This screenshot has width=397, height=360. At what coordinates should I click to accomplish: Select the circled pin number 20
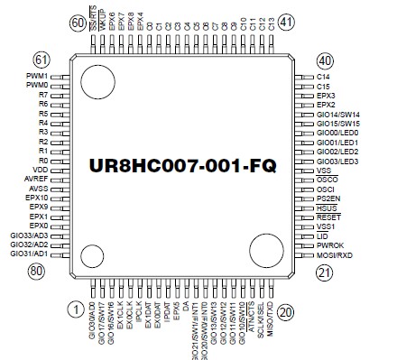point(286,312)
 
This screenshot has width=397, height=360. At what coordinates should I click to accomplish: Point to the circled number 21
point(325,272)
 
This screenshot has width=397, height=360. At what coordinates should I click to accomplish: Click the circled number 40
point(325,60)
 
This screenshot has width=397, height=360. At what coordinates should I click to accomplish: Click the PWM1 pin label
point(37,77)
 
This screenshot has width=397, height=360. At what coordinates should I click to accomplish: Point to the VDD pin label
point(40,170)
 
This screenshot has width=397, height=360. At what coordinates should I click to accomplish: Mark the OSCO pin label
point(328,180)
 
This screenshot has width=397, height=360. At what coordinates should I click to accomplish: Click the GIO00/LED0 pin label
point(337,133)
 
